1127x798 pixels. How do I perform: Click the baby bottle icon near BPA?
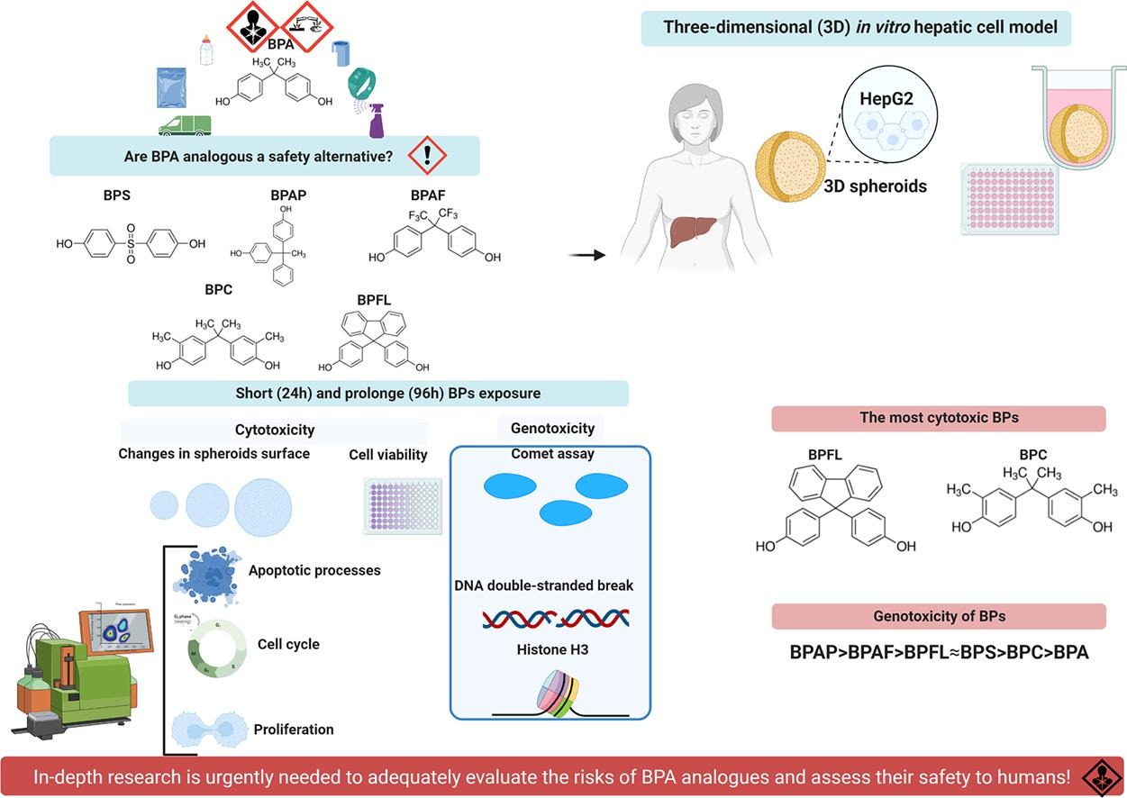click(x=206, y=50)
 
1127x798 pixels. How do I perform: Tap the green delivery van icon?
click(x=185, y=125)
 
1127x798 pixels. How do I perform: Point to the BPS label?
click(x=117, y=194)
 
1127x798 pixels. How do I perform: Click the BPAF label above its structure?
click(x=428, y=194)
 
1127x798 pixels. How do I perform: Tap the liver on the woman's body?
click(x=690, y=230)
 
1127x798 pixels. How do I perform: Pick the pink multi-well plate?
click(x=997, y=197)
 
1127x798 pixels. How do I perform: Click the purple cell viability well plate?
click(x=403, y=506)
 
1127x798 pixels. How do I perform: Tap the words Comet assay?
click(x=552, y=454)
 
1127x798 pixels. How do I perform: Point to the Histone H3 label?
click(x=552, y=648)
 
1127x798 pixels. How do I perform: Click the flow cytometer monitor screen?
click(x=116, y=630)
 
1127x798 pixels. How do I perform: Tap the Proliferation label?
click(x=294, y=729)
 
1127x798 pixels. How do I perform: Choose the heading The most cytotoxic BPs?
click(x=938, y=419)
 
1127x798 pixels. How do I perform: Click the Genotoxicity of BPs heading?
click(x=938, y=617)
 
